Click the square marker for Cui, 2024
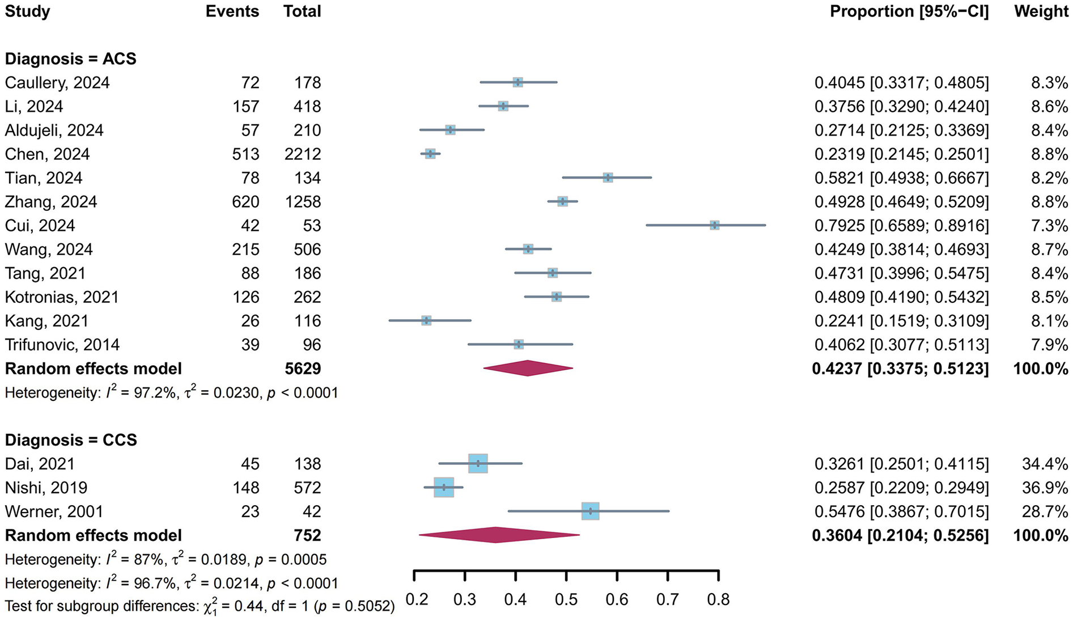tap(714, 225)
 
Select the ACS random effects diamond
tap(528, 368)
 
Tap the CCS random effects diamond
tap(497, 535)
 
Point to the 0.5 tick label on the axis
tap(566, 599)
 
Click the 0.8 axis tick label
tap(718, 599)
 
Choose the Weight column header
tap(1041, 11)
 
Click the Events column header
tap(232, 11)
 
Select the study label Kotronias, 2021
tap(62, 297)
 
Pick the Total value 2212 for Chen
tap(303, 154)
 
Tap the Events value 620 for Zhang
tap(245, 202)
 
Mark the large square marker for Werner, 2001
tap(590, 511)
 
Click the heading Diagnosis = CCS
tap(71, 440)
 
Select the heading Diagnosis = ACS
tap(70, 59)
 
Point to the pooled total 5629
tap(303, 369)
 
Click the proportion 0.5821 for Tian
tap(839, 178)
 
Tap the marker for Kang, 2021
tap(426, 320)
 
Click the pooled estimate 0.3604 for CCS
tap(837, 535)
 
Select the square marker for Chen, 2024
tap(430, 154)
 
